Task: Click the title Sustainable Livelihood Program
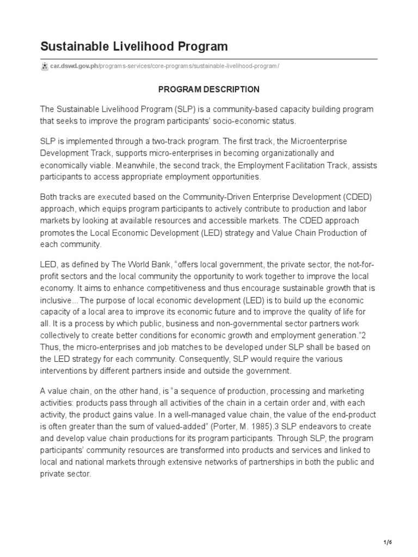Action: point(134,46)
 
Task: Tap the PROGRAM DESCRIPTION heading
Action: point(208,89)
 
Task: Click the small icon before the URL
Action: point(45,66)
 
